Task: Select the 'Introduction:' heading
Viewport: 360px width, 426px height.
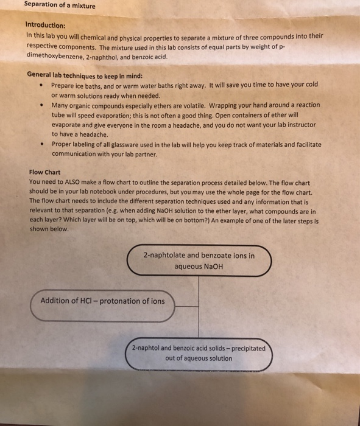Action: pyautogui.click(x=45, y=26)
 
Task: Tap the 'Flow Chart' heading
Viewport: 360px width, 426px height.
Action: pyautogui.click(x=45, y=172)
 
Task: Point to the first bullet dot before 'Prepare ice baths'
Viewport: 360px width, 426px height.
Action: pyautogui.click(x=40, y=86)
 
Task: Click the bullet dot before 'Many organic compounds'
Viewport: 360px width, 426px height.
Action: pyautogui.click(x=40, y=105)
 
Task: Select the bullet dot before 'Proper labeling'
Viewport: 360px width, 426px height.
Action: pyautogui.click(x=40, y=145)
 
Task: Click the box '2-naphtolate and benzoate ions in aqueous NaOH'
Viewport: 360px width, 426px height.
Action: pyautogui.click(x=199, y=261)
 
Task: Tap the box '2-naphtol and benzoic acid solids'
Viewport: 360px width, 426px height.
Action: pyautogui.click(x=199, y=354)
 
